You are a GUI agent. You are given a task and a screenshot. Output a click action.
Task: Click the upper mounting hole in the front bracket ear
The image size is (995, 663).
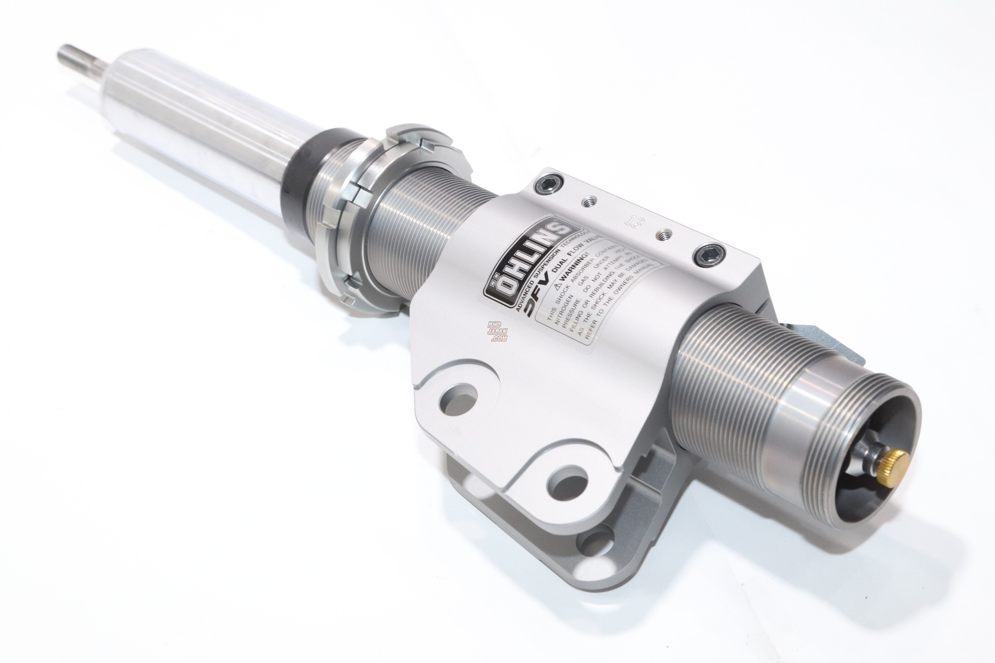pyautogui.click(x=458, y=398)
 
